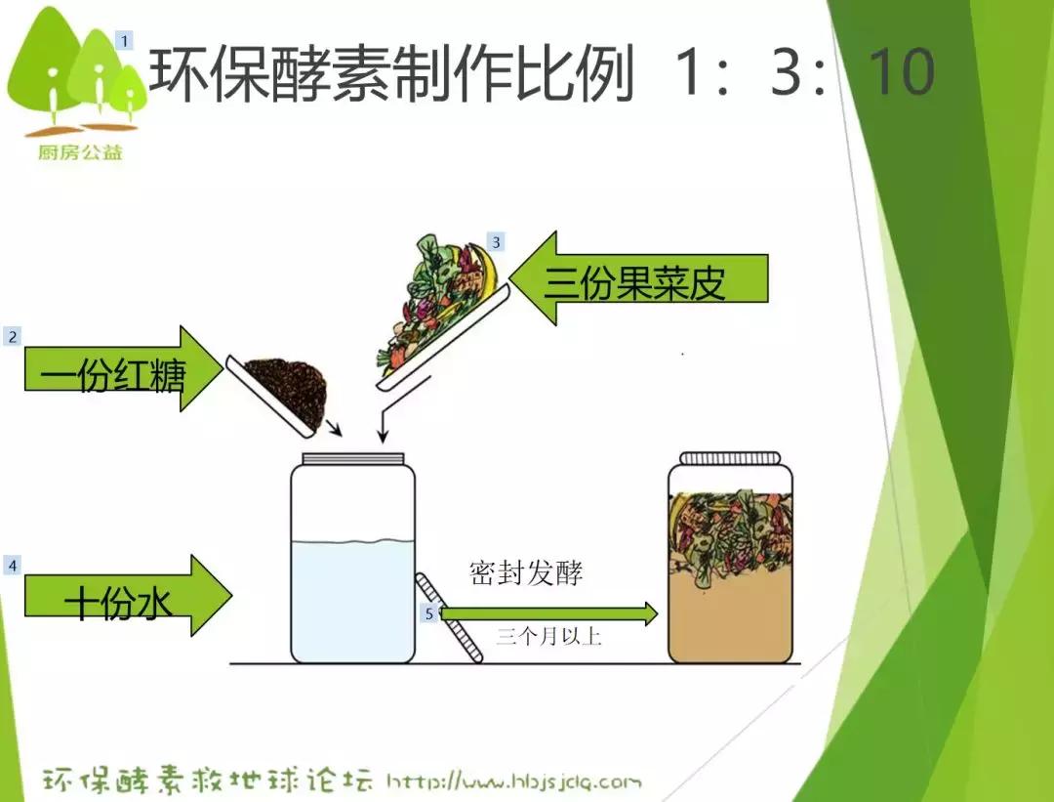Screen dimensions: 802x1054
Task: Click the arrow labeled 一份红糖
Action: click(117, 368)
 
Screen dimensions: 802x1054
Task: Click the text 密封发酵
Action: click(526, 572)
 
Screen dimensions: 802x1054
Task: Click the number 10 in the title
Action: click(900, 72)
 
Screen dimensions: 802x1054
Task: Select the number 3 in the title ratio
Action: click(786, 72)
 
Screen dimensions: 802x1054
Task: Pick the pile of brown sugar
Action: click(287, 387)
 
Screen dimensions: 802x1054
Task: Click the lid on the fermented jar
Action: click(730, 457)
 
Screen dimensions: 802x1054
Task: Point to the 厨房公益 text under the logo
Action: click(81, 152)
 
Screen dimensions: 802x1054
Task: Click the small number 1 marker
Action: click(124, 41)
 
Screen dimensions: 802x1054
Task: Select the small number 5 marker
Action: click(429, 613)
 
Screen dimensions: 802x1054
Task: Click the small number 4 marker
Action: click(12, 566)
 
